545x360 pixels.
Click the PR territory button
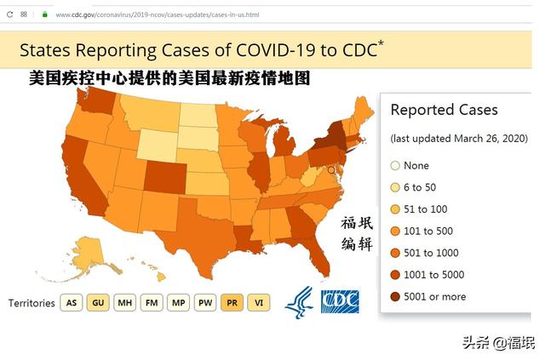(x=232, y=303)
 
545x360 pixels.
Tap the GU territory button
(x=98, y=303)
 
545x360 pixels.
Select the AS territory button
(x=72, y=303)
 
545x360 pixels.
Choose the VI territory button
(x=259, y=303)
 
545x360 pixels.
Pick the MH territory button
(x=125, y=303)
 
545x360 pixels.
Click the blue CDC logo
(x=340, y=301)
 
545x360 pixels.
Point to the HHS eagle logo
(x=299, y=302)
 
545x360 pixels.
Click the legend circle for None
(x=395, y=165)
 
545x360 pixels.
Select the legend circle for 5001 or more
(x=395, y=296)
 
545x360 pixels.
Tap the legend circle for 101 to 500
(x=395, y=231)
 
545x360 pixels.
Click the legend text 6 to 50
(x=420, y=187)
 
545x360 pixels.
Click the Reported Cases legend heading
(x=444, y=110)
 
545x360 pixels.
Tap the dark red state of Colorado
(x=164, y=176)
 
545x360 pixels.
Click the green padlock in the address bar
(x=45, y=14)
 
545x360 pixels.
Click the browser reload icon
(x=9, y=14)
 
